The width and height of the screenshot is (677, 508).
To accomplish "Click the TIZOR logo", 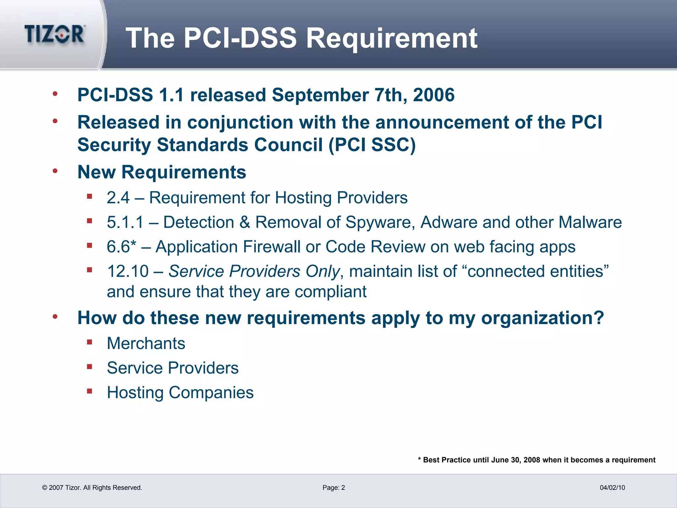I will pyautogui.click(x=55, y=34).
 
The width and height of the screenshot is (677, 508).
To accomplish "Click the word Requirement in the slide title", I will pyautogui.click(x=392, y=38).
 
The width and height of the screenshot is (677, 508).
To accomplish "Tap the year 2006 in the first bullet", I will pyautogui.click(x=434, y=95).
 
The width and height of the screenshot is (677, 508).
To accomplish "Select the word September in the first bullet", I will pyautogui.click(x=320, y=95).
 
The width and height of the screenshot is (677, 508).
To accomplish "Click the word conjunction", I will pyautogui.click(x=240, y=122).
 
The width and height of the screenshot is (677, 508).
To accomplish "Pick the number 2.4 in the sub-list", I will pyautogui.click(x=118, y=198).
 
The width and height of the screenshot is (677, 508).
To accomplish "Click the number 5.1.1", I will pyautogui.click(x=125, y=222).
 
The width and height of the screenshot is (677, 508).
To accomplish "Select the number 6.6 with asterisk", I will pyautogui.click(x=121, y=247).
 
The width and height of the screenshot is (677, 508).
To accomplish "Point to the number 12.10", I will pyautogui.click(x=128, y=271).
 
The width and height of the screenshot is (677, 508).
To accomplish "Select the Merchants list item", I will pyautogui.click(x=146, y=343).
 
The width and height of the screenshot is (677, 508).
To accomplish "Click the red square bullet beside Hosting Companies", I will pyautogui.click(x=89, y=391).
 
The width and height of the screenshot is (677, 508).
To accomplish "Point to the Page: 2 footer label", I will pyautogui.click(x=334, y=487).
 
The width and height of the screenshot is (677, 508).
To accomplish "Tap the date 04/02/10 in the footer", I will pyautogui.click(x=612, y=487).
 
